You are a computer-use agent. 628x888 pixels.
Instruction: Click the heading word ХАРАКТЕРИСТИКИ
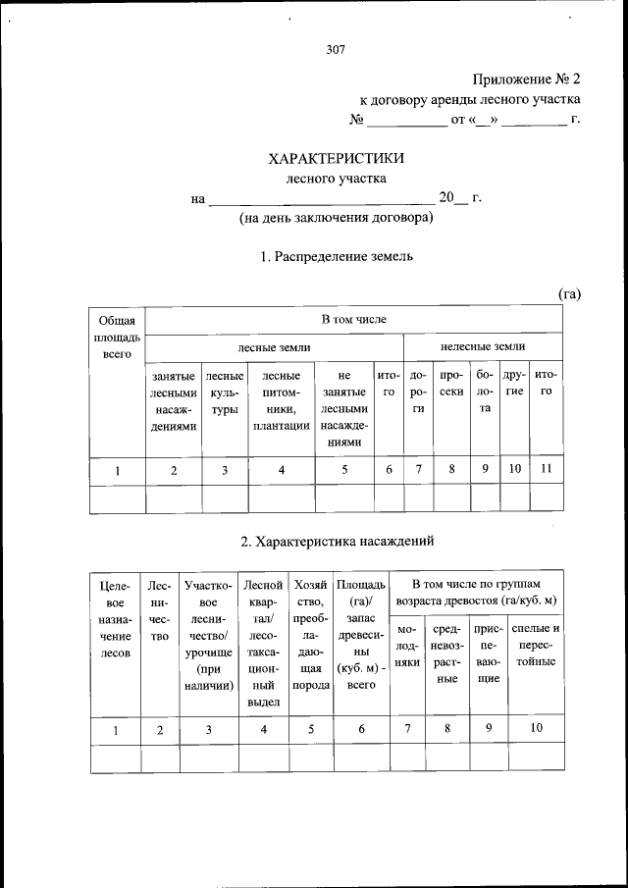pos(337,157)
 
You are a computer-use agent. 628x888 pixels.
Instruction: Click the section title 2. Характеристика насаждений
pos(337,541)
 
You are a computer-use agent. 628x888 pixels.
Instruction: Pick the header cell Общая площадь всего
pos(117,337)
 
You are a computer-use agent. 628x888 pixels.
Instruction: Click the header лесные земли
pos(275,346)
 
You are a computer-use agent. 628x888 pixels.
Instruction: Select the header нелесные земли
pos(483,346)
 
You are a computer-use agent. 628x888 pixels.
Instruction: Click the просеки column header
pos(451,391)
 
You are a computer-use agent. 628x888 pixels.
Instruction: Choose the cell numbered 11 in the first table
pos(546,469)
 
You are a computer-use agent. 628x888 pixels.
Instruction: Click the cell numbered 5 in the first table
pos(343,470)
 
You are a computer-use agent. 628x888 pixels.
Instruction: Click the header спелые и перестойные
pos(536,644)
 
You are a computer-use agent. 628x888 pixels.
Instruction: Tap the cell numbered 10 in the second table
pos(536,728)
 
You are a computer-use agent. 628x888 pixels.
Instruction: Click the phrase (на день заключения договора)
pos(337,218)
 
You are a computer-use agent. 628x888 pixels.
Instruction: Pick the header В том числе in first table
pos(354,320)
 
